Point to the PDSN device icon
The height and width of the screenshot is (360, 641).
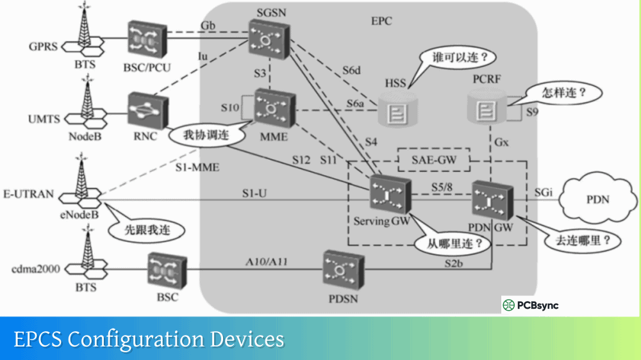point(344,269)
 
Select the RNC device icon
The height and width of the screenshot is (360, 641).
point(146,111)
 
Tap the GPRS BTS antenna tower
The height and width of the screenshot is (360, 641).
point(86,36)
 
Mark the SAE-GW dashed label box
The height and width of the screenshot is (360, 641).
point(434,160)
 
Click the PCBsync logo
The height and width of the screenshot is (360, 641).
point(531,306)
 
